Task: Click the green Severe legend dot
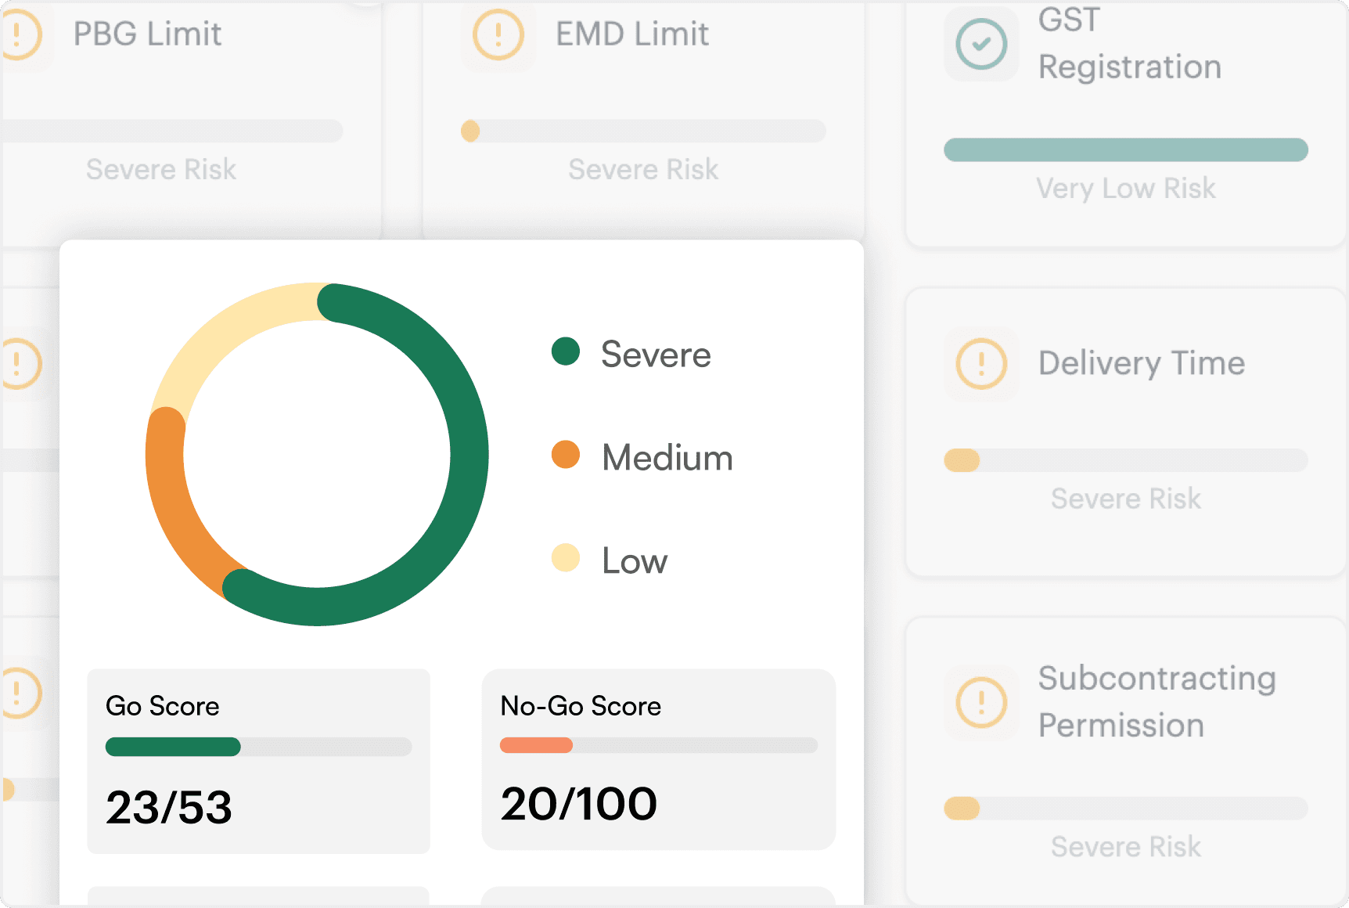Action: (x=565, y=351)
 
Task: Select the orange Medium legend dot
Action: (x=565, y=455)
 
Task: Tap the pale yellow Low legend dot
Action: (x=565, y=558)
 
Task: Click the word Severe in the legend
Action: (x=656, y=355)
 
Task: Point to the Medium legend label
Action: (x=667, y=458)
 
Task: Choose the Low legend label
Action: (x=635, y=561)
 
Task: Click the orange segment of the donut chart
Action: (x=172, y=509)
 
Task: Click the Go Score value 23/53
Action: (x=169, y=807)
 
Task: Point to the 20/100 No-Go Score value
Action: (x=579, y=804)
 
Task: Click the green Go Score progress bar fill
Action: (x=173, y=747)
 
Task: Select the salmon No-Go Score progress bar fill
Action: (x=536, y=745)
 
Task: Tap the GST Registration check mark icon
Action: (x=981, y=44)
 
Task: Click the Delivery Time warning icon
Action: (x=981, y=364)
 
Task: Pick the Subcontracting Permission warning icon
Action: (x=981, y=702)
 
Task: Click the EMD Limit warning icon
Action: (x=498, y=34)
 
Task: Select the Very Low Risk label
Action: (x=1126, y=189)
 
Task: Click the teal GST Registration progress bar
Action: (x=1126, y=150)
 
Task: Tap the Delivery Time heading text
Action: (x=1142, y=363)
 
